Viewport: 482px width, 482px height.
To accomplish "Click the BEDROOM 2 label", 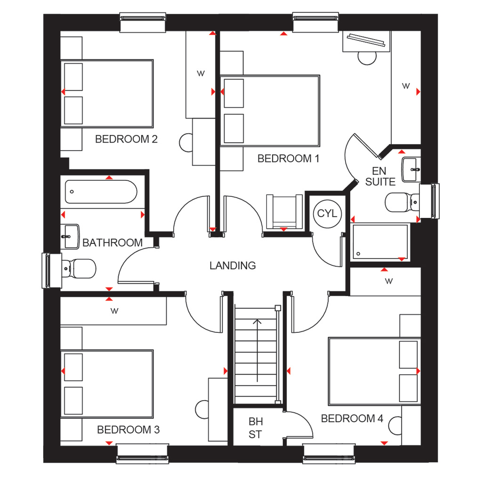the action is click(126, 139).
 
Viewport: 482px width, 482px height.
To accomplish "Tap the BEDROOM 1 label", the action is click(288, 158).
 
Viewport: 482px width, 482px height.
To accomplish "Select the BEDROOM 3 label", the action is click(128, 429).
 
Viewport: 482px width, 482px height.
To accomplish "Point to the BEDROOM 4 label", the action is click(352, 418).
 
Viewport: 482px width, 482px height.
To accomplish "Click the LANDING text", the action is click(233, 265).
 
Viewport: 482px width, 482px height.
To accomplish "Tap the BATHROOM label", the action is click(112, 242).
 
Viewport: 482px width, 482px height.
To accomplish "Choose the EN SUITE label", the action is click(380, 176).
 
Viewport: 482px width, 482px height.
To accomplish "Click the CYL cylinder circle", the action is click(327, 213).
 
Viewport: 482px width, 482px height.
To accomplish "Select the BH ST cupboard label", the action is click(256, 428).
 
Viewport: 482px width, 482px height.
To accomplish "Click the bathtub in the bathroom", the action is click(101, 192).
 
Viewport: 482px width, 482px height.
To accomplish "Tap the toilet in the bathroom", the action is click(79, 269).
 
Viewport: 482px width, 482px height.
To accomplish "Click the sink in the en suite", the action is click(411, 169).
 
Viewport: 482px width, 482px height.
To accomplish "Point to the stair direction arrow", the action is click(257, 350).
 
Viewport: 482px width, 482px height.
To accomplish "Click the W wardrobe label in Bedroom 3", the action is click(114, 311).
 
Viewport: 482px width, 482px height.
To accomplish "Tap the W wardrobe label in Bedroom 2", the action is click(201, 73).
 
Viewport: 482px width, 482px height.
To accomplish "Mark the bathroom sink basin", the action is click(70, 236).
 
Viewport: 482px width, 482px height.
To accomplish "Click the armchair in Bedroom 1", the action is click(284, 211).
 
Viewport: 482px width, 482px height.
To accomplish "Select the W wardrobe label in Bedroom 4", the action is click(389, 281).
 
